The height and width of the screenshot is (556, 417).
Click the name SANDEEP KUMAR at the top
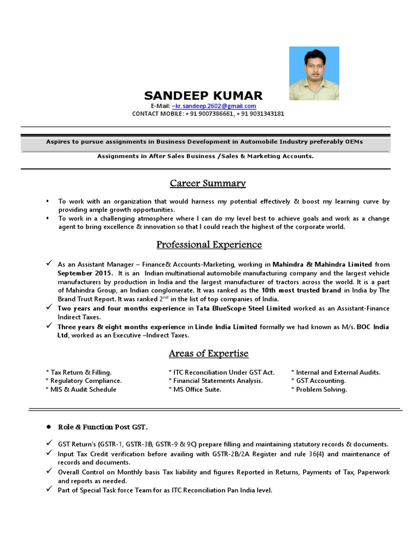[203, 96]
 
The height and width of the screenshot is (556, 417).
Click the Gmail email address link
[213, 106]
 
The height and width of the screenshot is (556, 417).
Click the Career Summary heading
[208, 184]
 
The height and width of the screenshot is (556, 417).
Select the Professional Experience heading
[209, 244]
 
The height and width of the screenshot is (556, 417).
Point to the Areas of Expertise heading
[208, 353]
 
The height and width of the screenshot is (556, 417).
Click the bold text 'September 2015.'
[85, 273]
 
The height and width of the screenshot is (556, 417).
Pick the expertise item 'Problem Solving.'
[321, 389]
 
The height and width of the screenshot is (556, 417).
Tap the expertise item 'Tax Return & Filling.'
[80, 372]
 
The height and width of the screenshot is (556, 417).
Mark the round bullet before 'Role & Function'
[49, 427]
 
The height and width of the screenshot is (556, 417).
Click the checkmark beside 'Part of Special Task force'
[49, 490]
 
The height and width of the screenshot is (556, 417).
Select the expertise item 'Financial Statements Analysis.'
[217, 381]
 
